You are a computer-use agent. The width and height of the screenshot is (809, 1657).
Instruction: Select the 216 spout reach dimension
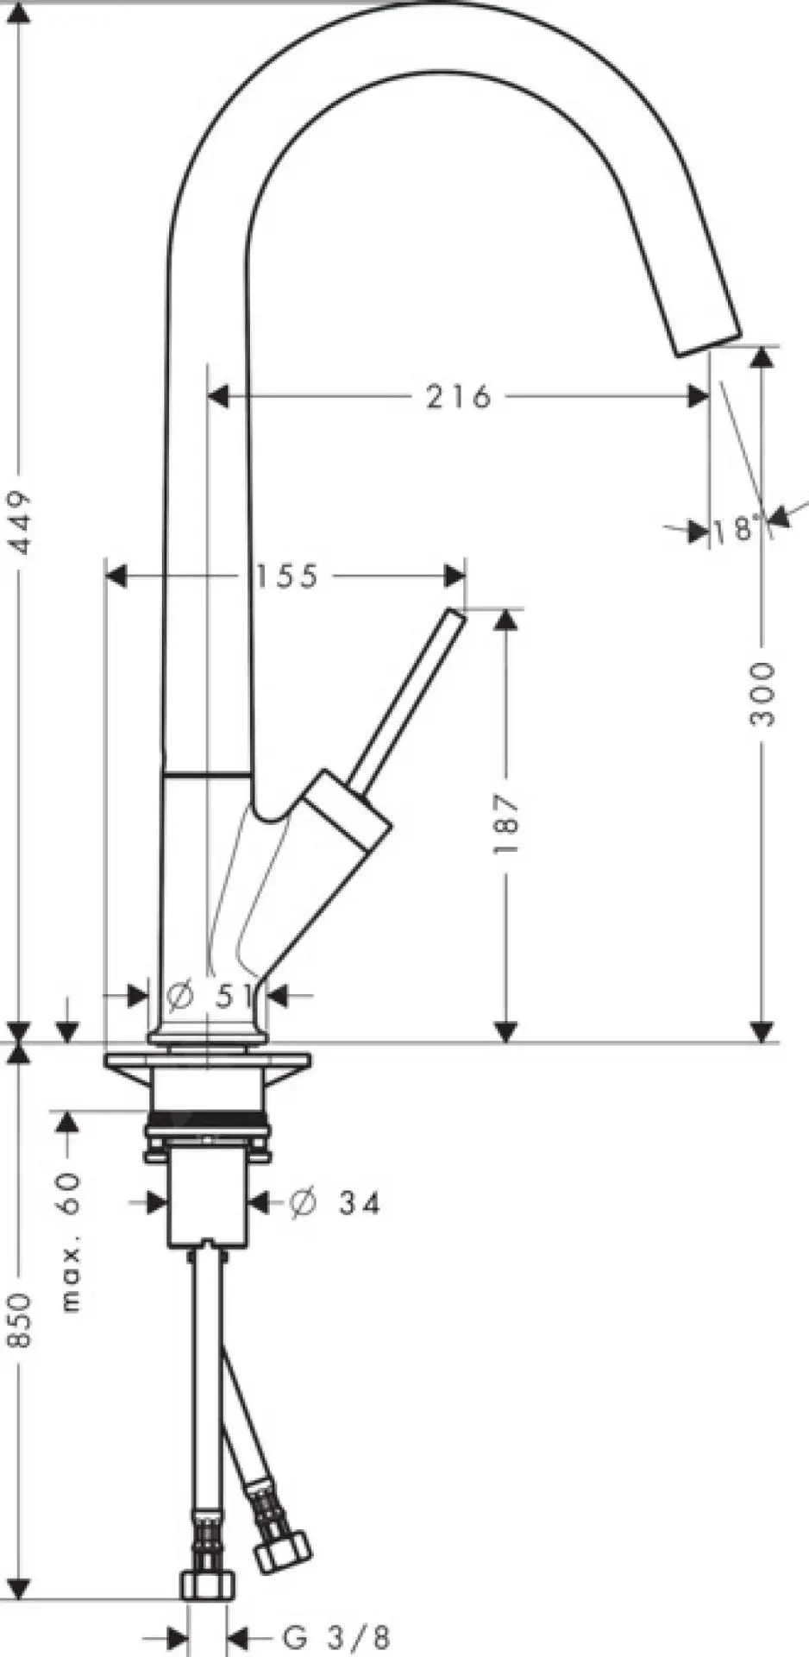(x=458, y=396)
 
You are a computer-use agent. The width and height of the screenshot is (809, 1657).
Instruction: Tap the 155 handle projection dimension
(x=286, y=576)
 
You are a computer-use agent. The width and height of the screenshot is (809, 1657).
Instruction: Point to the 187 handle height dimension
(x=506, y=824)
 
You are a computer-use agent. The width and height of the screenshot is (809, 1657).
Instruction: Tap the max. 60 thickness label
(x=71, y=1241)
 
